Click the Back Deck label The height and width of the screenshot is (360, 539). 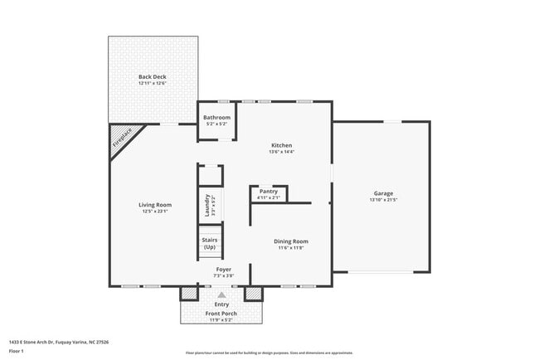(x=153, y=76)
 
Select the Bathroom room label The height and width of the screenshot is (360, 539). (x=217, y=117)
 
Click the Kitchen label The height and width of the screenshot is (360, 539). (x=282, y=145)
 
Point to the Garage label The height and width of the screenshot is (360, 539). (x=383, y=193)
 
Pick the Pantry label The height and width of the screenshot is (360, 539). (x=269, y=191)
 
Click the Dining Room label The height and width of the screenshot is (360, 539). (x=291, y=241)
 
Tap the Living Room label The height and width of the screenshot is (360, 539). (x=154, y=205)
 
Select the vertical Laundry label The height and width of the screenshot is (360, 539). (x=207, y=204)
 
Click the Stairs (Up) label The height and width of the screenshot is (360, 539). (x=210, y=243)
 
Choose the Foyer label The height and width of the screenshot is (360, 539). (x=224, y=270)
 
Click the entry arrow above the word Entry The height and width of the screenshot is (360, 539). (x=221, y=294)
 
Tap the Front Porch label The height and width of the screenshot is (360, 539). (x=221, y=313)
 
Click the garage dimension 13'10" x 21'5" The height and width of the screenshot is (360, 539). (x=383, y=200)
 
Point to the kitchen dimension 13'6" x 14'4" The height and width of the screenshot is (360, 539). (x=282, y=152)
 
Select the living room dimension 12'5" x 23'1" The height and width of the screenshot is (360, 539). (x=154, y=212)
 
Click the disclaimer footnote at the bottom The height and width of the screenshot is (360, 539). (x=269, y=352)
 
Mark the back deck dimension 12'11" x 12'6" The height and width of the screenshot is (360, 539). (x=153, y=83)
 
